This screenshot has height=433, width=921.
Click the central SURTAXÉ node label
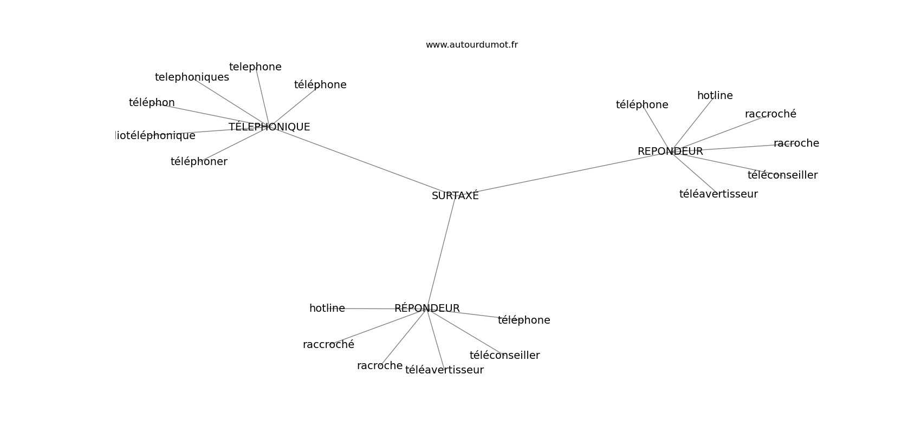tap(455, 196)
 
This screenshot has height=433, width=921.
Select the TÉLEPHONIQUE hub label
tap(269, 127)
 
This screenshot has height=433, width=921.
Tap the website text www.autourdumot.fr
tap(471, 45)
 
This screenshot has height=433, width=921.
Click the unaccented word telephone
tap(255, 67)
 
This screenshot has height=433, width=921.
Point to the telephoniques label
tap(192, 77)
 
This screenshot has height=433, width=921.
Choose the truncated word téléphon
tap(152, 103)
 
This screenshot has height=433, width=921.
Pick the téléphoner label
tap(199, 162)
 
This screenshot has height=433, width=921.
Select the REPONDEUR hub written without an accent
tap(670, 152)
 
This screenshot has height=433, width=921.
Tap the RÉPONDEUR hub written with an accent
tap(427, 309)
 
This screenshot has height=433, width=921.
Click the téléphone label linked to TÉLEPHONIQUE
tap(320, 85)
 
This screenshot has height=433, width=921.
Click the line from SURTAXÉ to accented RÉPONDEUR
tap(442, 252)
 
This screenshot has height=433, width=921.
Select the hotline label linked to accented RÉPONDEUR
tap(327, 309)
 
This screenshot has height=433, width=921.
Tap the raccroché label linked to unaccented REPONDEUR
tap(770, 114)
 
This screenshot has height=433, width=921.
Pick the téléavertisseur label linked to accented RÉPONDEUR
tap(444, 370)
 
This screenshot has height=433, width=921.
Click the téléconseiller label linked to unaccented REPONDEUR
tap(782, 175)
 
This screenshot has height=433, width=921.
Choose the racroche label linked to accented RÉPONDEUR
tap(379, 366)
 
